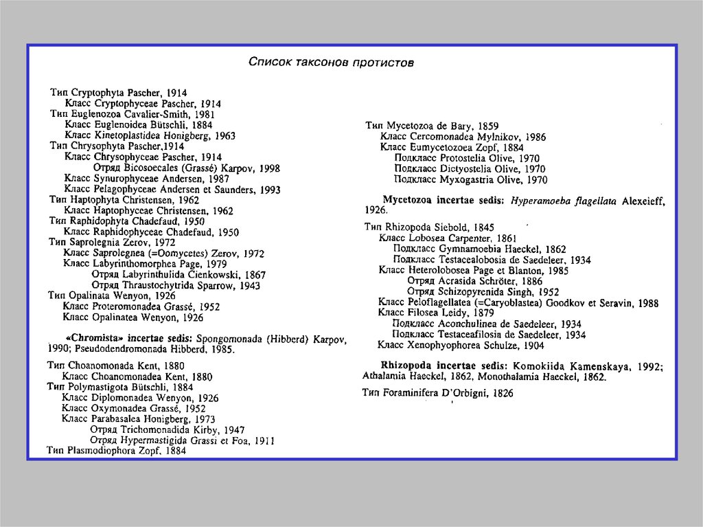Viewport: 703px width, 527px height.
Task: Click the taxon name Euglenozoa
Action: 95,114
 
